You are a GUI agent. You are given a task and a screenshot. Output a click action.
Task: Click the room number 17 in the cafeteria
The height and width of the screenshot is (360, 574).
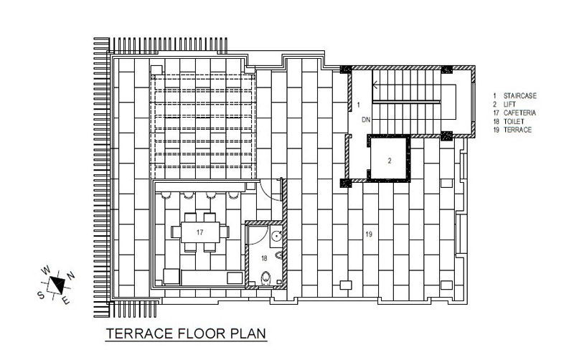click(199, 232)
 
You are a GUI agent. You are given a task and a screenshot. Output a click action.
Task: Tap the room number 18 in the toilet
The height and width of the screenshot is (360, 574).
click(264, 258)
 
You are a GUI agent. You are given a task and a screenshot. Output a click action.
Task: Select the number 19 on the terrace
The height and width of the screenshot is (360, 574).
click(369, 234)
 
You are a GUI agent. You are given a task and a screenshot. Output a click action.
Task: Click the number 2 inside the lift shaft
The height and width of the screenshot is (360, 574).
click(390, 160)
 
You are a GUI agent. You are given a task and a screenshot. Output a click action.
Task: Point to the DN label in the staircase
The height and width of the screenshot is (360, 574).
click(366, 120)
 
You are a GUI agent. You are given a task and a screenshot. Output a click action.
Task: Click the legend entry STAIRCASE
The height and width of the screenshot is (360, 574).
click(519, 96)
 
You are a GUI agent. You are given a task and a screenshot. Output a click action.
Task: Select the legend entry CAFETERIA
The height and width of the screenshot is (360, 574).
click(519, 113)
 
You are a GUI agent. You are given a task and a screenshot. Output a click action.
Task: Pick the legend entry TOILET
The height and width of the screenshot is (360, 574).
click(514, 121)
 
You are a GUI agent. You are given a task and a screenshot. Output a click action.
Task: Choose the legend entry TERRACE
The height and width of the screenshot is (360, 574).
click(517, 130)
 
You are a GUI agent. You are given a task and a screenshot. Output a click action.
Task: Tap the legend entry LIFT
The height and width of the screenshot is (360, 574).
click(509, 104)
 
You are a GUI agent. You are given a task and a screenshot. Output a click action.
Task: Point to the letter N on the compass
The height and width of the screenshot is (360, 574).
click(70, 275)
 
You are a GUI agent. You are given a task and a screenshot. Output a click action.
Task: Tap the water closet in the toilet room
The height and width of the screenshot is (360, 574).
click(265, 278)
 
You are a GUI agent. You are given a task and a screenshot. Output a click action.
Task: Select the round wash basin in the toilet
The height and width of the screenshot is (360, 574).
click(276, 235)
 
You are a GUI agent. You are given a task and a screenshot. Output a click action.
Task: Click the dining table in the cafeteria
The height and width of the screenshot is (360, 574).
click(200, 232)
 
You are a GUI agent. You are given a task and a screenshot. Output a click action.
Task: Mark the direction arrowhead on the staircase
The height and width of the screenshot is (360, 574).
click(375, 85)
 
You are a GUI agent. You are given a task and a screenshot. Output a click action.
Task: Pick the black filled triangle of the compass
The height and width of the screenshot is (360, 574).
click(58, 282)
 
